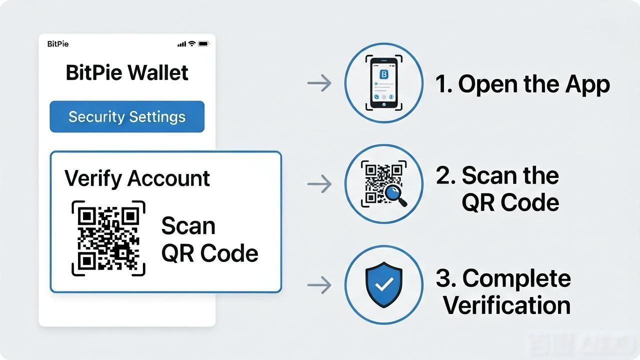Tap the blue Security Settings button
click(127, 116)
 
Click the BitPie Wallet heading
click(127, 72)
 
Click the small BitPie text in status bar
click(58, 44)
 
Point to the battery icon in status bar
click(203, 43)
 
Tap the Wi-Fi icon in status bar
click(192, 43)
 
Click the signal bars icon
click(181, 44)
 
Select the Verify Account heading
click(137, 178)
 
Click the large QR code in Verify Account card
click(108, 238)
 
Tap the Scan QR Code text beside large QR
click(209, 239)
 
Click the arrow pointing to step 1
click(319, 83)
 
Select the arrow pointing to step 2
click(319, 183)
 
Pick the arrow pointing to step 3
click(319, 285)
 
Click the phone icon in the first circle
click(383, 83)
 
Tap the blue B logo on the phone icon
click(383, 74)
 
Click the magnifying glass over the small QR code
click(395, 195)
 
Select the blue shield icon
click(383, 284)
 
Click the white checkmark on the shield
click(384, 284)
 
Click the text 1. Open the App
click(522, 84)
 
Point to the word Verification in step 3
click(506, 305)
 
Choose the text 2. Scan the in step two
click(497, 175)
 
